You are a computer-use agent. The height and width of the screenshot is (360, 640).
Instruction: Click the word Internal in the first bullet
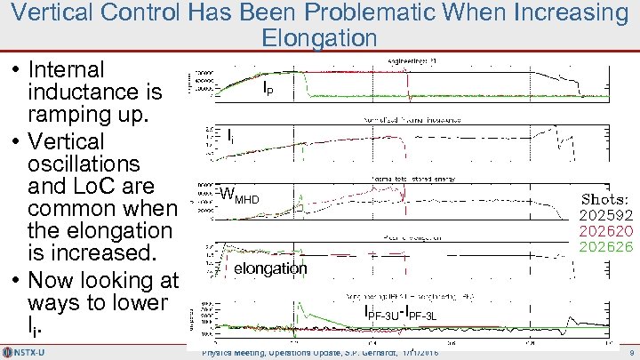(x=67, y=69)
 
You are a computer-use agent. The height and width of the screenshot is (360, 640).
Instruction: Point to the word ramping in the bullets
(x=67, y=116)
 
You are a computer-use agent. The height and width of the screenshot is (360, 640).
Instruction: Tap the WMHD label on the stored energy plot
(x=239, y=196)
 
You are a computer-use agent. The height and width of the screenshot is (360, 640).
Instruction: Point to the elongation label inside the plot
(x=270, y=268)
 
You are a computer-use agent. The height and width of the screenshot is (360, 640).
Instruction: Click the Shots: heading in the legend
(x=605, y=199)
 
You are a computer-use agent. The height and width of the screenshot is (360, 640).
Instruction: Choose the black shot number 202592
(x=606, y=215)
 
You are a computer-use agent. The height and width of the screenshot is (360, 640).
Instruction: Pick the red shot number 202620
(x=606, y=230)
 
